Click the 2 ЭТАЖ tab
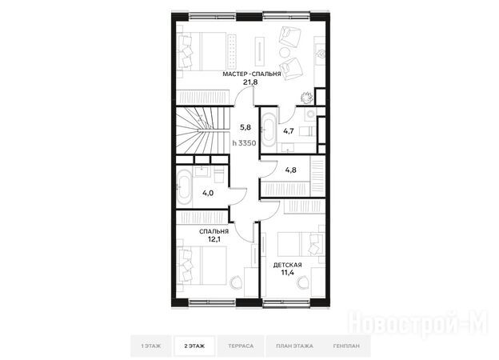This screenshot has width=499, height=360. (194, 346)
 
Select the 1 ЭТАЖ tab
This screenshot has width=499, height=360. (151, 346)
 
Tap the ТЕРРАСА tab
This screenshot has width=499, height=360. (241, 346)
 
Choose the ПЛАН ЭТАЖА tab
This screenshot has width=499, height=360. (294, 346)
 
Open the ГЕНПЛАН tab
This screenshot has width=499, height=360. (346, 346)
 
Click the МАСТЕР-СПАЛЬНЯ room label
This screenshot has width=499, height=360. (252, 74)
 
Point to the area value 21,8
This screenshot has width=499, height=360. (250, 82)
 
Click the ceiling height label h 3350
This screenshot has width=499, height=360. (244, 143)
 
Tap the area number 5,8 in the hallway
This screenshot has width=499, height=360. (246, 128)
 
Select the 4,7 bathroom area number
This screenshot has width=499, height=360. (289, 131)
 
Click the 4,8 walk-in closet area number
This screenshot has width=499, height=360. (290, 170)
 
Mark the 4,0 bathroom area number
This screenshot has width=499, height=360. (208, 193)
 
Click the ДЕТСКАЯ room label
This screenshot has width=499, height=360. (287, 265)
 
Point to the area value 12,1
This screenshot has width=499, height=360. (214, 239)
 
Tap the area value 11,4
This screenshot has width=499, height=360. (287, 273)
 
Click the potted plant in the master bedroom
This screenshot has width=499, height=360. (306, 98)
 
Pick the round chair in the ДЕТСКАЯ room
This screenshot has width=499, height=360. (304, 282)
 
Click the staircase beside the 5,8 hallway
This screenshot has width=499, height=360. (203, 130)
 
